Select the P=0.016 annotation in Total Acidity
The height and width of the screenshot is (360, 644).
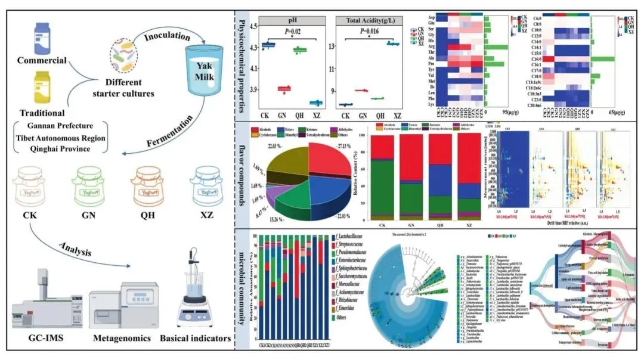[x=369, y=32]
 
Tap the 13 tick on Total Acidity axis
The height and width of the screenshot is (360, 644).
[x=333, y=46]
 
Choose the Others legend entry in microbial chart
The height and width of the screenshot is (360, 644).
[x=341, y=318]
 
